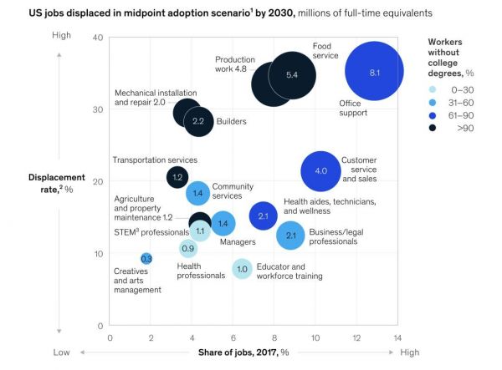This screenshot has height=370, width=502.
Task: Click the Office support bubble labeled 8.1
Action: coord(374,73)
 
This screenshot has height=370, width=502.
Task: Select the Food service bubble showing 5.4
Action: coord(292,75)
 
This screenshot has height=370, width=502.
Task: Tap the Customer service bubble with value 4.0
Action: coord(320,171)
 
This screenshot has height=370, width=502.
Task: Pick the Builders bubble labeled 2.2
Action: coord(198,121)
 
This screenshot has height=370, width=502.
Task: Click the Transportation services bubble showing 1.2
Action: coord(177,177)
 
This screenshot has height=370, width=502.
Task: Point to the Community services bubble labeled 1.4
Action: coord(197,194)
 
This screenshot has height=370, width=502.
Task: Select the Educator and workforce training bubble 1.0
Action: coord(242,269)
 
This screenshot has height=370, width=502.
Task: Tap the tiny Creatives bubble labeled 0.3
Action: coord(146,259)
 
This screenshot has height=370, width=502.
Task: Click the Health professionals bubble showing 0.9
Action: coord(188,248)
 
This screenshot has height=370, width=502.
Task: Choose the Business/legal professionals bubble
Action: coord(290,236)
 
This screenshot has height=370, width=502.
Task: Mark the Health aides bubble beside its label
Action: coord(263,216)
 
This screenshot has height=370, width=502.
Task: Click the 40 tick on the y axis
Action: coord(97,38)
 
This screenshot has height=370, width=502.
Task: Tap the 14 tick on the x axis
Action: coord(397,337)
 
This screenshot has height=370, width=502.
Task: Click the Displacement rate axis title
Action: coord(56,182)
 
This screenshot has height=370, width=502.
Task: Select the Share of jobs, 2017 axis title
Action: coord(243,352)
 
